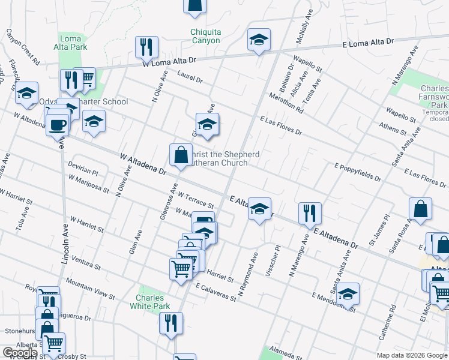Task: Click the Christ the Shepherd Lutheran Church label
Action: [x=224, y=158]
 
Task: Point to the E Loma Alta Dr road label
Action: [x=368, y=42]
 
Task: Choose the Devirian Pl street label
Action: [x=83, y=168]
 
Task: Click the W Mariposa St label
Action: [x=88, y=184]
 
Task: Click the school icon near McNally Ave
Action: [x=259, y=40]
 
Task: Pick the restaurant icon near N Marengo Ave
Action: [x=310, y=213]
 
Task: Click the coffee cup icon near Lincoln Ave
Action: [x=58, y=126]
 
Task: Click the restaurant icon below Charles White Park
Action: [x=170, y=323]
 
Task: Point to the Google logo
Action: [x=20, y=353]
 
